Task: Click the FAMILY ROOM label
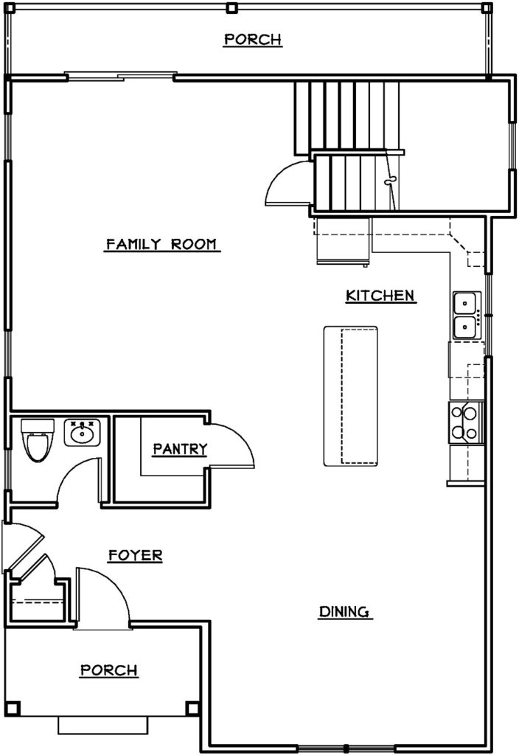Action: [161, 244]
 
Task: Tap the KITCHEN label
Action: [380, 295]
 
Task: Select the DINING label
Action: [345, 611]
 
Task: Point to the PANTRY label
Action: [180, 449]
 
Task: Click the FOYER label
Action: [136, 555]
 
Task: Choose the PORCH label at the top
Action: [253, 39]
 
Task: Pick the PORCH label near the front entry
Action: [109, 669]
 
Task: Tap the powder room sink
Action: [82, 432]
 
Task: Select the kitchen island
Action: [350, 396]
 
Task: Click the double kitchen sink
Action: [466, 315]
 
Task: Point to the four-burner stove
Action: [466, 422]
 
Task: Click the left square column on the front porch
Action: [15, 708]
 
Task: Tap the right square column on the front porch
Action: [192, 708]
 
